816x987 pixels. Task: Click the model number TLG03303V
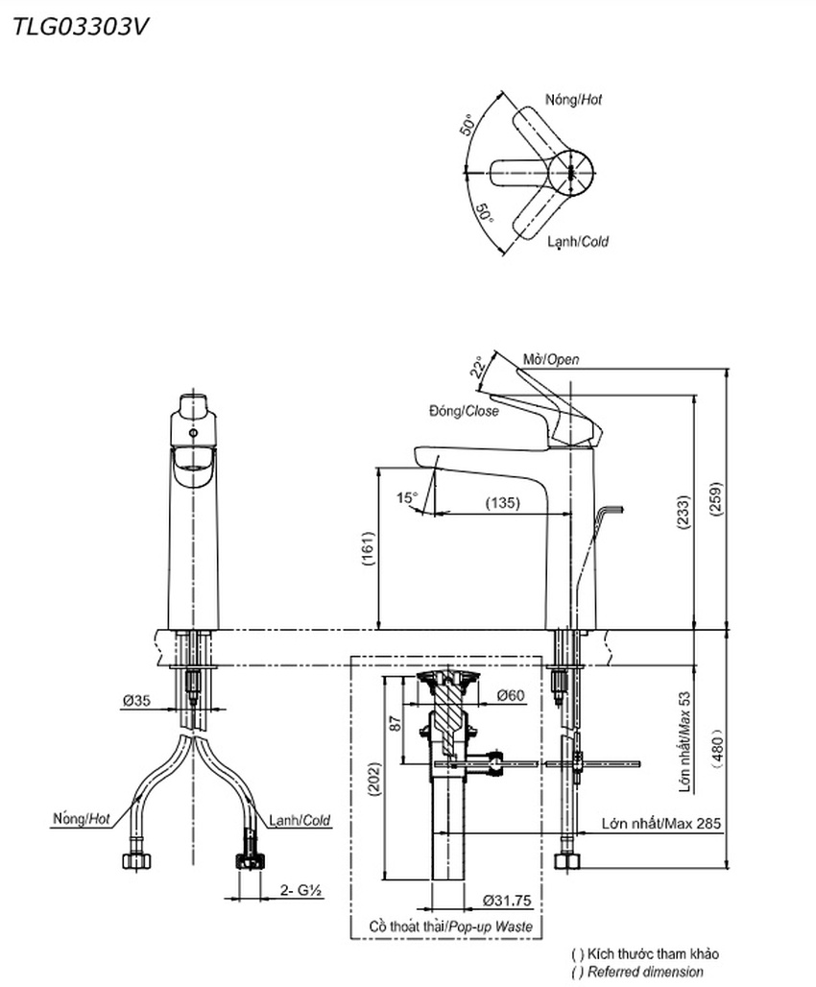(80, 26)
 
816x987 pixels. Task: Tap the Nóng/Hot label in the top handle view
(574, 100)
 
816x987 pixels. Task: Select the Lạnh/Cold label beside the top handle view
(577, 242)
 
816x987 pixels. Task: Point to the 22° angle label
(477, 368)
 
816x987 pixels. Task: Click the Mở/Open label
(551, 358)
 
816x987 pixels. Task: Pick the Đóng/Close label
(464, 411)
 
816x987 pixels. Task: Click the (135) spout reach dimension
(503, 502)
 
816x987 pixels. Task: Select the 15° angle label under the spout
(407, 497)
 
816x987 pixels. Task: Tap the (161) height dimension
(369, 548)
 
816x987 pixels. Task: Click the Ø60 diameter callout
(511, 696)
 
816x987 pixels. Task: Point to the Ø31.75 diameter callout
(508, 900)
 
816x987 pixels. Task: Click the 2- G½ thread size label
(300, 890)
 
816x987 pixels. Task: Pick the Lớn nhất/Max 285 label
(661, 823)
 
